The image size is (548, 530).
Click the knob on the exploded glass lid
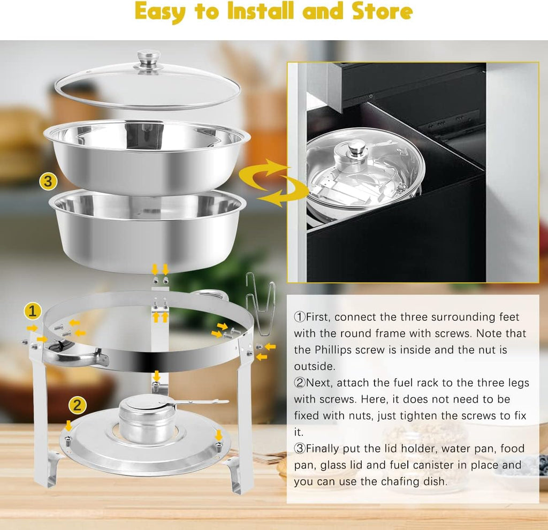pos(148,58)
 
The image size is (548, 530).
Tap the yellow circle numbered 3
pos(48,181)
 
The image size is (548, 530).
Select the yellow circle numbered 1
pos(33,311)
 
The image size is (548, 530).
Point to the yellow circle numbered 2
pos(78,405)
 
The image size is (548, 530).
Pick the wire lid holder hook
pos(260,305)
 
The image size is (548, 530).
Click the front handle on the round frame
pos(80,356)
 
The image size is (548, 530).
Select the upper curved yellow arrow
pos(263,170)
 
